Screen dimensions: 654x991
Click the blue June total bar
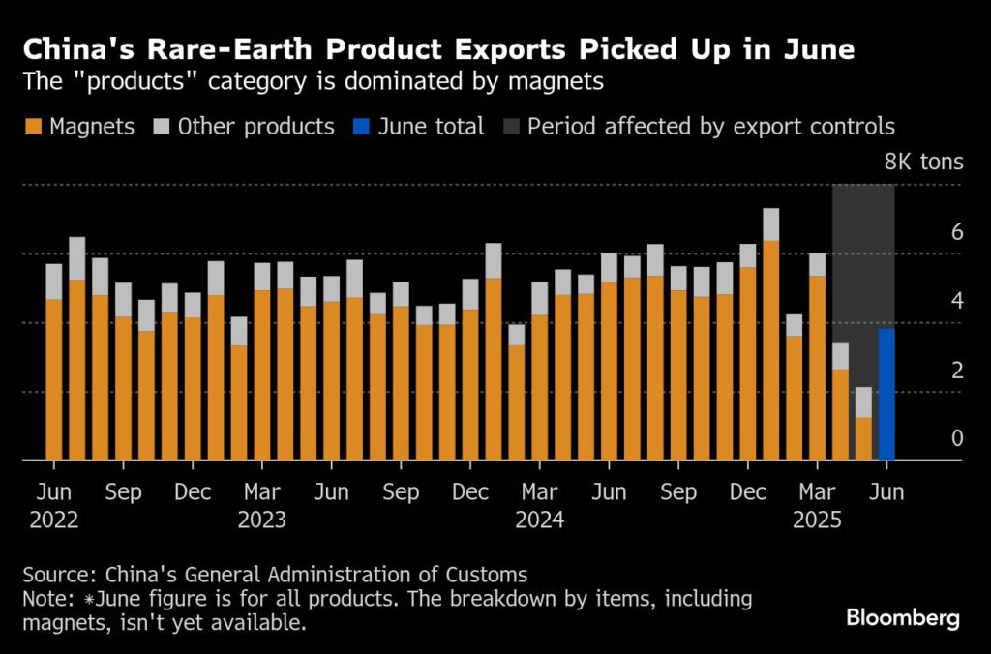886,395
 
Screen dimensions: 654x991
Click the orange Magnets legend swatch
34,127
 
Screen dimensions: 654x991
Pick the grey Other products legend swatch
163,127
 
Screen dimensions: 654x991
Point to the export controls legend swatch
512,127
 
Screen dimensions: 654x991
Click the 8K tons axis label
923,162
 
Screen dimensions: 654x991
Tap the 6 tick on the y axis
957,232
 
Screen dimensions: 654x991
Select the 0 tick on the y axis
957,439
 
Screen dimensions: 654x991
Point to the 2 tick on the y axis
957,371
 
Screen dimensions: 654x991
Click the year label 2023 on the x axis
261,520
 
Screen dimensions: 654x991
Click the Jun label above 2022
53,492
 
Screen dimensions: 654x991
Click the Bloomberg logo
902,617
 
